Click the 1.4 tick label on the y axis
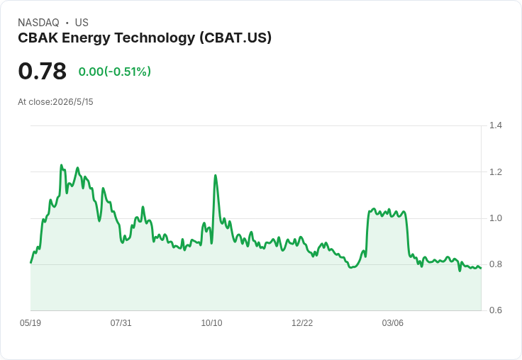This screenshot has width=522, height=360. [495, 125]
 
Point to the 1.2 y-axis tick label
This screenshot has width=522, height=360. [495, 172]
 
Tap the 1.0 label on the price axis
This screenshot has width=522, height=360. [495, 218]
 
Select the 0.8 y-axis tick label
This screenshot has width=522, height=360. [495, 264]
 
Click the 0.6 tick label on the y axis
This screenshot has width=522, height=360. [495, 310]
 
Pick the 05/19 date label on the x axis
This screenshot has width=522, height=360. [30, 323]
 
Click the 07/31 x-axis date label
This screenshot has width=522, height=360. [121, 323]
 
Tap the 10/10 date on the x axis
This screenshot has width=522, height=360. [212, 323]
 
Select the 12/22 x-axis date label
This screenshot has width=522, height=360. [302, 323]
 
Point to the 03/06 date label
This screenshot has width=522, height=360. [392, 323]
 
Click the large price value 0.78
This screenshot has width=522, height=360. [43, 71]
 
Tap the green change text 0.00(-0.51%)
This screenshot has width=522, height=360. [115, 72]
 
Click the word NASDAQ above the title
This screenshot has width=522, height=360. [38, 23]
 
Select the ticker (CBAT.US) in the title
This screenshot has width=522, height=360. [235, 38]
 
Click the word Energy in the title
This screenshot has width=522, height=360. [86, 38]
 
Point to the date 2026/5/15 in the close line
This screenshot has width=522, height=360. [73, 102]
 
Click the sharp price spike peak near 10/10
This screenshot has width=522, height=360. [216, 175]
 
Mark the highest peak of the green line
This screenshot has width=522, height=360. [61, 164]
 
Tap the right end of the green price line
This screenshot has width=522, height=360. [481, 268]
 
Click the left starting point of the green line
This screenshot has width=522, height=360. [31, 263]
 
